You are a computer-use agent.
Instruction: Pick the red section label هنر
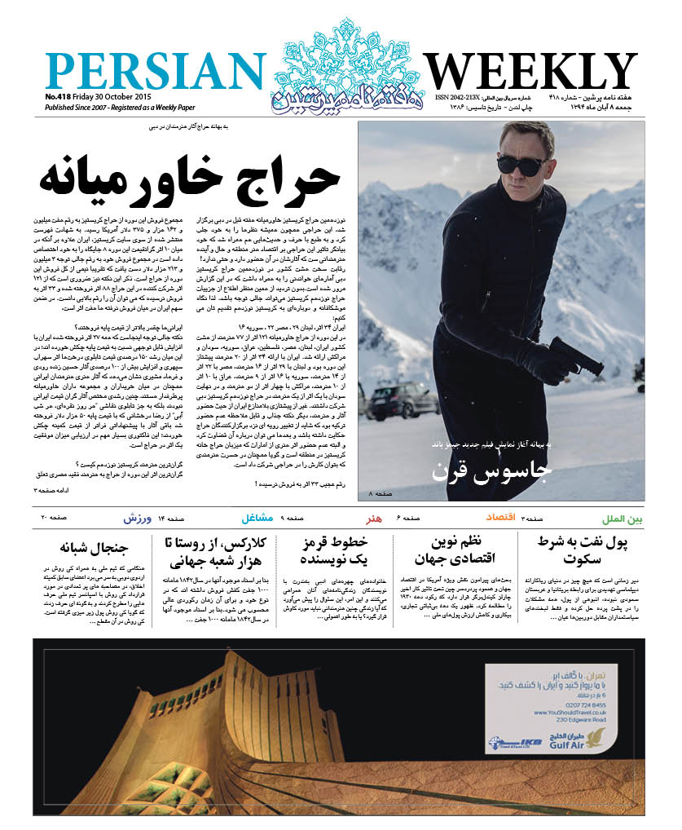tap(378, 519)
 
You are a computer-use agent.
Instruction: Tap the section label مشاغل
tap(257, 519)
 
